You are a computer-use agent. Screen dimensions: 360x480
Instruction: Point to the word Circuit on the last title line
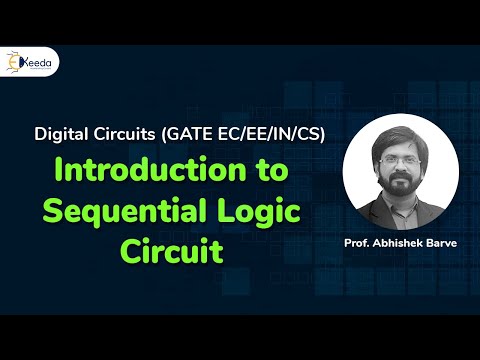[172, 248]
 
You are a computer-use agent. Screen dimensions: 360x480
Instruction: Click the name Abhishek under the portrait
[400, 242]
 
